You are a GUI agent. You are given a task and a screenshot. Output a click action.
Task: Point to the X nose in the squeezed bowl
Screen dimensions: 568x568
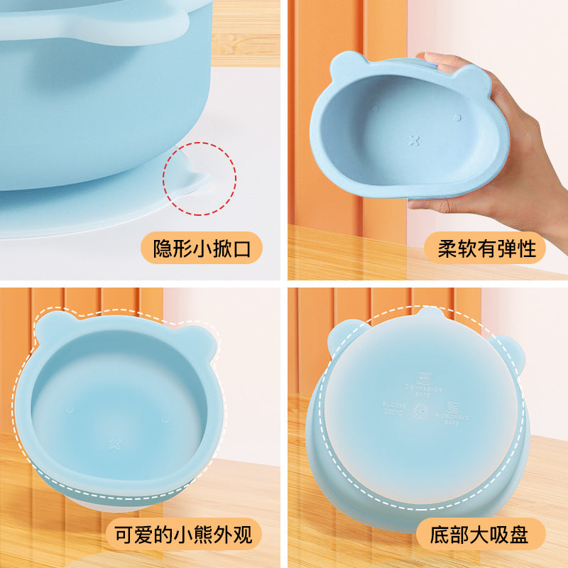point(415,141)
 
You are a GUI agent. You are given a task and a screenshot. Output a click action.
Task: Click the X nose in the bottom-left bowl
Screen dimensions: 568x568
point(114,444)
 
